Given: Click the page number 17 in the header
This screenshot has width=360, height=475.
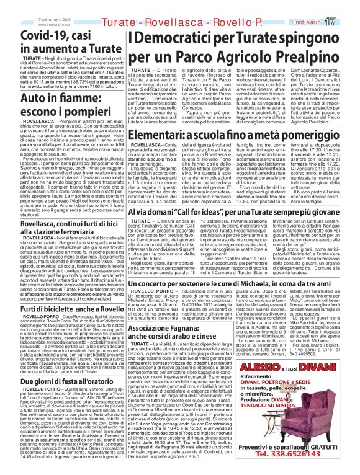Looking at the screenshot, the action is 347,6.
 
